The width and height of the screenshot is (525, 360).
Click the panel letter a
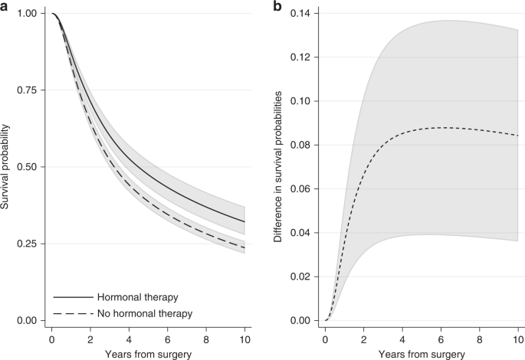[x=5, y=6]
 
